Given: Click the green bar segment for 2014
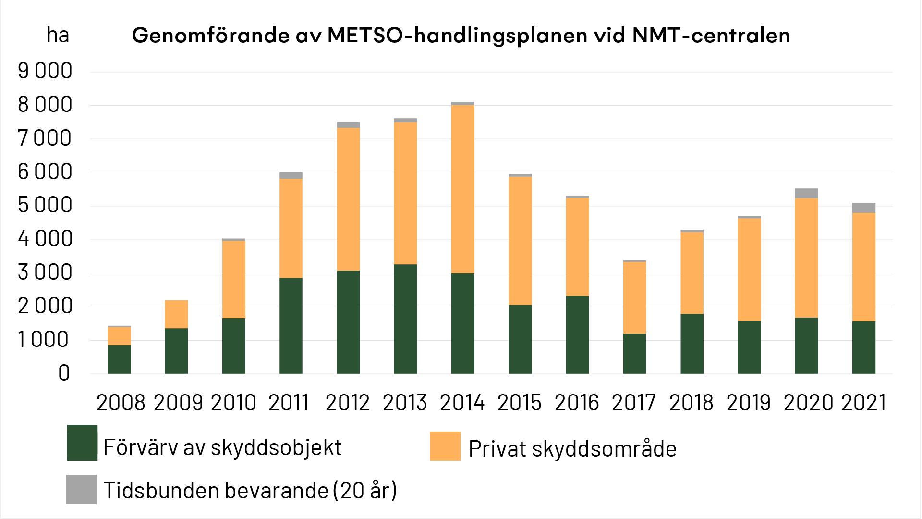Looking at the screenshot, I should click(462, 323).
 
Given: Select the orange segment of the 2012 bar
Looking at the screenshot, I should click(348, 199).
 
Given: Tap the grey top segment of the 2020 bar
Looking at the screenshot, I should click(806, 194).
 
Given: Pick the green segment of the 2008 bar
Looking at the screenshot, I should click(119, 359).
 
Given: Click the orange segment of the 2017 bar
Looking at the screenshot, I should click(634, 297).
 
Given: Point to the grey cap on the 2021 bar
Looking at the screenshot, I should click(863, 208).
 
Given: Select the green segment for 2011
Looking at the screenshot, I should click(291, 326).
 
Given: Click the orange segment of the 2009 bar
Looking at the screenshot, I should click(176, 314).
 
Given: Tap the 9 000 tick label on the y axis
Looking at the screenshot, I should click(45, 71).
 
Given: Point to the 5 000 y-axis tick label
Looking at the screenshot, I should click(45, 205).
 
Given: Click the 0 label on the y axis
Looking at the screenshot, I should click(64, 373).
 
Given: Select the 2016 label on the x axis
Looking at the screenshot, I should click(577, 403).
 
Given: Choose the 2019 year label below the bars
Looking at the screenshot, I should click(748, 403).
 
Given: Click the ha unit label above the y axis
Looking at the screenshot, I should click(58, 36).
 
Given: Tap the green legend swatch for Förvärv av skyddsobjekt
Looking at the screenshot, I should click(82, 443).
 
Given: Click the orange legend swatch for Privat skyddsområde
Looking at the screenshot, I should click(445, 446).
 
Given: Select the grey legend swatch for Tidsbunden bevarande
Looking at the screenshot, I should click(81, 489).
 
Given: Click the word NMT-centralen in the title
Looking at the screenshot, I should click(711, 36).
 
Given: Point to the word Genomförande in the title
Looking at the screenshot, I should click(211, 36).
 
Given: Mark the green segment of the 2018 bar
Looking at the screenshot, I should click(691, 344).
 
